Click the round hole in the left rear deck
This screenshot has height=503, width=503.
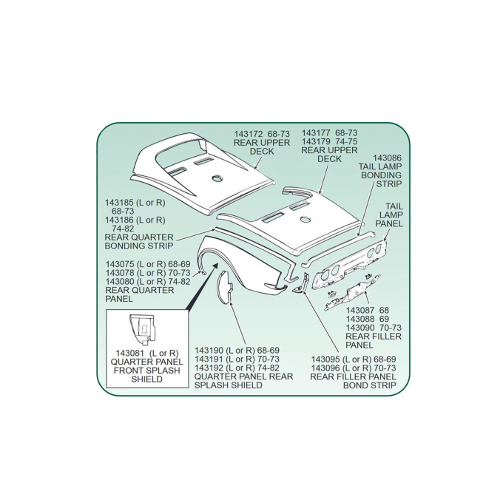[217, 178]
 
